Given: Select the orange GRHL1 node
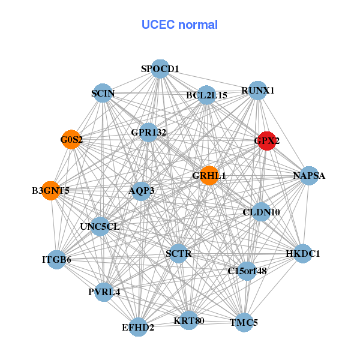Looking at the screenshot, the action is pos(209,175).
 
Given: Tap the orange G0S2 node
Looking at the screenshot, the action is pos(71,140).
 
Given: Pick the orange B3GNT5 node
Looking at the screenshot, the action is pos(51,191).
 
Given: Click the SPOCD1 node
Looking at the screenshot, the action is pos(160,69).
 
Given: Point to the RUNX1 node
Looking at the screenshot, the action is pos(257,91).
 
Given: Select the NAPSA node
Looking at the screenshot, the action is pos(309,176).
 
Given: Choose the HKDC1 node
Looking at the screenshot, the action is pos(302,254).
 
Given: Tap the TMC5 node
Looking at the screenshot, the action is pos(244,322).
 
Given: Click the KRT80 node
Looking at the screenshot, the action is pos(189,320).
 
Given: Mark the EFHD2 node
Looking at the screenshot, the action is pos(139,327).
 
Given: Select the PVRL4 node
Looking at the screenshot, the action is pos(104,292).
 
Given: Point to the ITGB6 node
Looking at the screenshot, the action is pos(56,260).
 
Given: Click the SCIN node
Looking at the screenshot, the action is pos(103,93).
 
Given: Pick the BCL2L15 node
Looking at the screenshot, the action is pos(206,95).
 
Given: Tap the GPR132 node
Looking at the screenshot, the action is pos(148,131).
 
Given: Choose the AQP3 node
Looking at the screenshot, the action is pos(141,191).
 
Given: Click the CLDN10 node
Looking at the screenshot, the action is pos(261,212).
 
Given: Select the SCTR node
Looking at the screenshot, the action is pos(178,254).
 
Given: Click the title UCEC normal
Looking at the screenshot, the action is pos(179,25).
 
